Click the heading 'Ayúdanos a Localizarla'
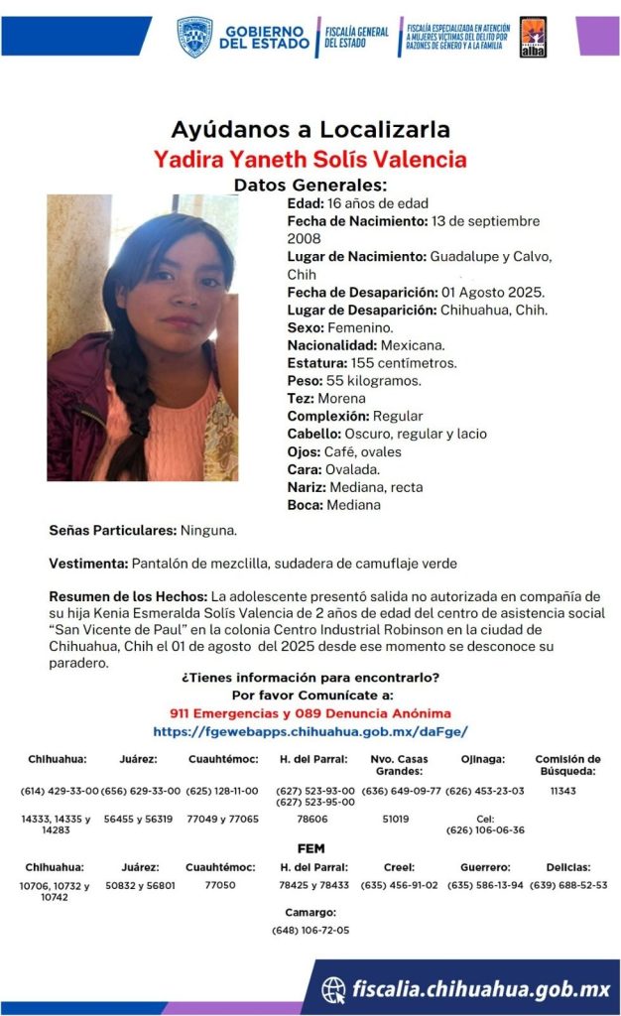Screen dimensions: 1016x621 coord(310,129)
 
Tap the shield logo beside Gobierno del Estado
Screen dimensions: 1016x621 coord(194,37)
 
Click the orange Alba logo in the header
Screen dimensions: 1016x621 coord(533,38)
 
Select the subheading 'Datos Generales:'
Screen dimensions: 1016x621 coord(310,185)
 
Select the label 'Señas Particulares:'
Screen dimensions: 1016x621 coord(112,531)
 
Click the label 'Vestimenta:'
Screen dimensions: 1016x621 coord(88,564)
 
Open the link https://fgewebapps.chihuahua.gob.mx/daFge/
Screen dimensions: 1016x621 coord(310,731)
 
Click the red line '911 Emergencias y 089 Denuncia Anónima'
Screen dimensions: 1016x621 coord(310,713)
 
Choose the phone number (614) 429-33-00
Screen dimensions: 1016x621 coord(60,791)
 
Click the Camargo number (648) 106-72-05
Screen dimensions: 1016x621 coord(310,931)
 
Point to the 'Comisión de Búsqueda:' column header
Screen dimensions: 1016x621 coord(567,764)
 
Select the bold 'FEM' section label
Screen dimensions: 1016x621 coord(310,849)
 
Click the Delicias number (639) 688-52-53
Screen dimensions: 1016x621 coord(568,884)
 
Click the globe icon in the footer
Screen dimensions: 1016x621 coord(334,988)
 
